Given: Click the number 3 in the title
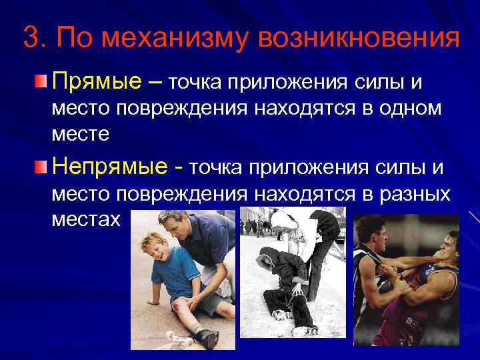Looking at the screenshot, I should pyautogui.click(x=30, y=38).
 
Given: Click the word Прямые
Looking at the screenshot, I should pyautogui.click(x=96, y=82).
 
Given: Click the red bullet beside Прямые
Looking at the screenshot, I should pyautogui.click(x=41, y=82).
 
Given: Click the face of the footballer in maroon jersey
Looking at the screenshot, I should pyautogui.click(x=448, y=247).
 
